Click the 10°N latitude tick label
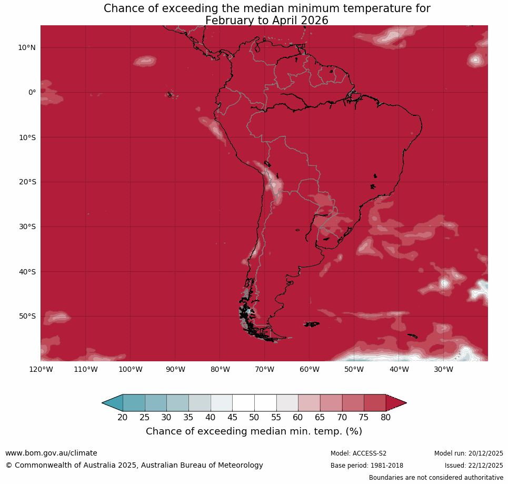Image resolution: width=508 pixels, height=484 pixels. click(26, 47)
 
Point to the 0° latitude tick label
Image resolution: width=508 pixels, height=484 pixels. click(32, 92)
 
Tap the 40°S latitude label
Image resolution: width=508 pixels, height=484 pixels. click(26, 272)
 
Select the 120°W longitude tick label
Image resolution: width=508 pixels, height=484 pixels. click(41, 369)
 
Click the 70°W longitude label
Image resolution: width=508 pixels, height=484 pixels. click(264, 369)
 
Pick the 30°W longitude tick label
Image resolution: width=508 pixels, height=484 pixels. click(443, 369)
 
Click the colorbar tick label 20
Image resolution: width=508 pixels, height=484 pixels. click(123, 418)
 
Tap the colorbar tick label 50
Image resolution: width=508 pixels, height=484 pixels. click(254, 418)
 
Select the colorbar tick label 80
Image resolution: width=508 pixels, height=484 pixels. click(386, 418)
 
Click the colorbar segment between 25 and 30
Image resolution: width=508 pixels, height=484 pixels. click(156, 403)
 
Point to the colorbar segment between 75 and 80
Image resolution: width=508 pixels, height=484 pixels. click(375, 403)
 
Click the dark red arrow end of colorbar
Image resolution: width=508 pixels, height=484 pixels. click(395, 403)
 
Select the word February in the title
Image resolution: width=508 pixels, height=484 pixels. click(228, 21)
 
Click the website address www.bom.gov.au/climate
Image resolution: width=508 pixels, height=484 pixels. click(51, 453)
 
